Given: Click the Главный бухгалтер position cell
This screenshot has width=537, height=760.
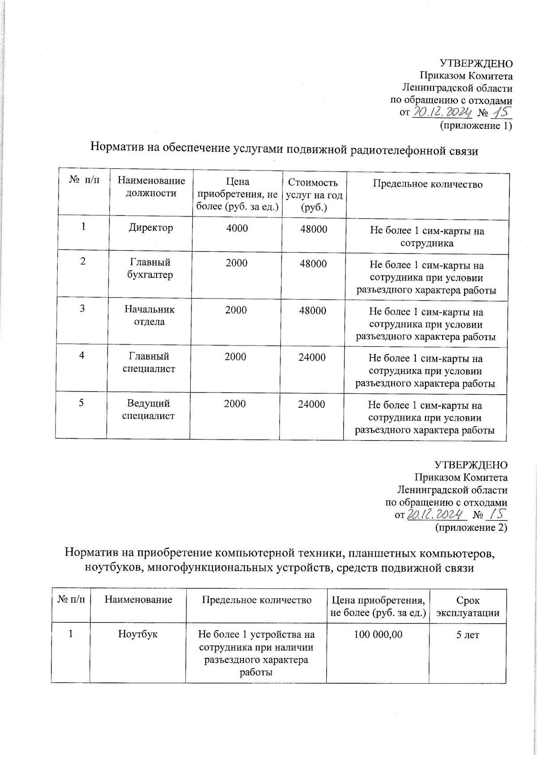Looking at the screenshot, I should (x=150, y=269).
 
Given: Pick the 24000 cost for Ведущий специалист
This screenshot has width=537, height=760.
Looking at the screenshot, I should (x=311, y=405).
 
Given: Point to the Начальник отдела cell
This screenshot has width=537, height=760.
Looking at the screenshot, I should (x=149, y=316).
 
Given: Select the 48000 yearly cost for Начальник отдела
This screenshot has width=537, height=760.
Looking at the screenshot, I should (x=312, y=311).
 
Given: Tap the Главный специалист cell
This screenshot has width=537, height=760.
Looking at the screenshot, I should (x=149, y=363).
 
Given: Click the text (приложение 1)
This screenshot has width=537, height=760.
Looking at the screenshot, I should (x=476, y=126).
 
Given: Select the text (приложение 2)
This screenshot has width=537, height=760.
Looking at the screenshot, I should (x=471, y=528).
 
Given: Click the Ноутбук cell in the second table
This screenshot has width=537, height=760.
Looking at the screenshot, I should (x=137, y=634).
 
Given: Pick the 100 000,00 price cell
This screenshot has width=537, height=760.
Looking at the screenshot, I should (x=378, y=634).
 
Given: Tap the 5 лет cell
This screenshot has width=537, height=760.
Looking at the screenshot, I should (x=467, y=635).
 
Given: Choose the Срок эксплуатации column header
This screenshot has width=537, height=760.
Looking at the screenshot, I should (x=468, y=606).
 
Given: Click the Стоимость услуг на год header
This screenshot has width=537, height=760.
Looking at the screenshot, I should (x=313, y=195).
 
